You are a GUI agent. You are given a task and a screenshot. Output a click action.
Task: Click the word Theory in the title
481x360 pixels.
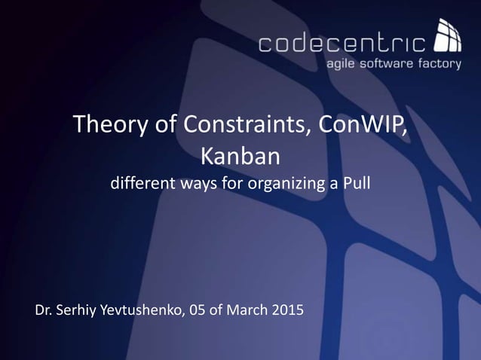click(x=103, y=126)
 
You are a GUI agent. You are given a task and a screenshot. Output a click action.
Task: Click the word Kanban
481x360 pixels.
click(x=240, y=157)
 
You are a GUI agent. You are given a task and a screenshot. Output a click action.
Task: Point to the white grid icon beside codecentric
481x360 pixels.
click(x=448, y=38)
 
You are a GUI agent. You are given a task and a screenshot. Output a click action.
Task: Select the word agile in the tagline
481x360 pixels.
click(x=340, y=65)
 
